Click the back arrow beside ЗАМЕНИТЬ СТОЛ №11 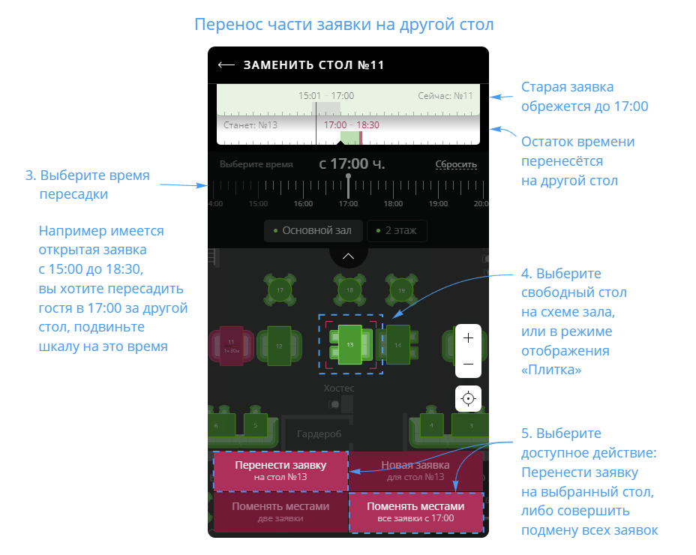point(226,65)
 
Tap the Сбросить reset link point(456,165)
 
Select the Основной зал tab point(314,231)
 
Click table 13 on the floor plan point(349,343)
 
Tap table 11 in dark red point(230,345)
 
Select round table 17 point(280,289)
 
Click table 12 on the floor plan point(279,346)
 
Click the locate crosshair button point(469,398)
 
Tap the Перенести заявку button point(280,471)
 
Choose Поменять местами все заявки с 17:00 point(415,511)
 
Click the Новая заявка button point(415,471)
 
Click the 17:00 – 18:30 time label point(352,125)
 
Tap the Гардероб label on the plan point(319,434)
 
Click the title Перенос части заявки point(343,24)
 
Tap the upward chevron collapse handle point(348,256)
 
